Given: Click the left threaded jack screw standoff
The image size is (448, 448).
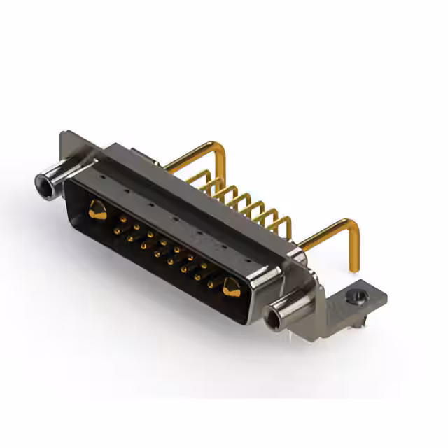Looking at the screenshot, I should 52,180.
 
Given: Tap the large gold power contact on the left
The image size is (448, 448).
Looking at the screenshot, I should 98,209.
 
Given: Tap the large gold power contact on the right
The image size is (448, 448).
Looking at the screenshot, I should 232,285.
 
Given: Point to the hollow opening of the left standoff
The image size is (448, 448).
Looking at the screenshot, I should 42,184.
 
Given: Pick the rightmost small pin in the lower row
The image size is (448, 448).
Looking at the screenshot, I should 209,285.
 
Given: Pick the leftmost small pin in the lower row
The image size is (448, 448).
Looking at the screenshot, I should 129,238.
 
